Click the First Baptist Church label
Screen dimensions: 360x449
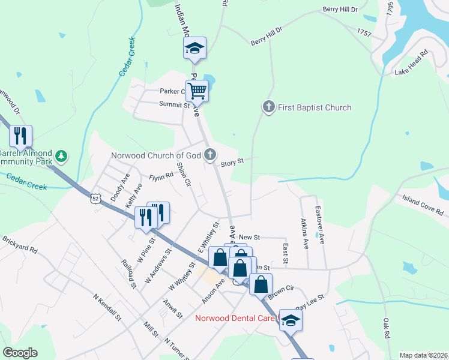tap(315, 107)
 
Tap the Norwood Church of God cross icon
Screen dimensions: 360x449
tap(209, 155)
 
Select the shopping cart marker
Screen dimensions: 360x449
tap(197, 91)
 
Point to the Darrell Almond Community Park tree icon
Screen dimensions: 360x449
tap(60, 157)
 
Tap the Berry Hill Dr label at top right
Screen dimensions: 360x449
tap(340, 10)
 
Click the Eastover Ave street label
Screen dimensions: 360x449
tap(321, 226)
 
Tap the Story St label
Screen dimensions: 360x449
tap(232, 162)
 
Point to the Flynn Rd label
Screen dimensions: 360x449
tap(161, 178)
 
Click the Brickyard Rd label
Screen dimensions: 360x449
tap(20, 245)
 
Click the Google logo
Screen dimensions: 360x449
tap(20, 353)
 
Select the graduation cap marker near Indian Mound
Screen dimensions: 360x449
tap(194, 49)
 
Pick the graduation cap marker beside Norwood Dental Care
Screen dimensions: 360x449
tap(291, 320)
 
